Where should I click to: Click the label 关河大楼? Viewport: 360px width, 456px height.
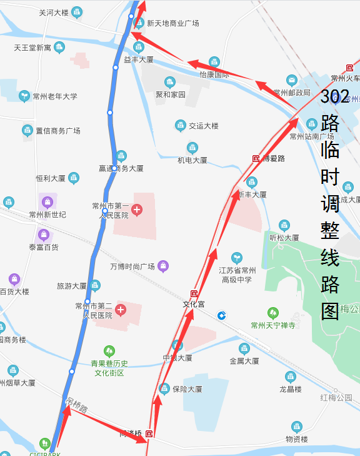54,13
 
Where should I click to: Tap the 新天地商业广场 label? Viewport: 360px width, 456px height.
172,23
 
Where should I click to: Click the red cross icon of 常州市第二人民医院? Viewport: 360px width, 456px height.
121,310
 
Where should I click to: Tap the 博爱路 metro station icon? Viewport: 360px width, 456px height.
256,158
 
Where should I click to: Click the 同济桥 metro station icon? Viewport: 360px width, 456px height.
149,433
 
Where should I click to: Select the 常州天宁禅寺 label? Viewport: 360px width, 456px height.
272,325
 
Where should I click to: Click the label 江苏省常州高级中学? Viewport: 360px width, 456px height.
236,275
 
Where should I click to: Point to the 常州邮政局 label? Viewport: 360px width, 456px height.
291,92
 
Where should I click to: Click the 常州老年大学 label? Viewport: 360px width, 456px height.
55,96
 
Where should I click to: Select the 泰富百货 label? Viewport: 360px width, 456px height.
42,247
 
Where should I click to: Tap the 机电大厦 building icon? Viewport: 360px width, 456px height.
192,148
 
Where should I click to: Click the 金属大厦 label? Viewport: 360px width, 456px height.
244,361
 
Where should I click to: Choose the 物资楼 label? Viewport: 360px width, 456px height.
296,439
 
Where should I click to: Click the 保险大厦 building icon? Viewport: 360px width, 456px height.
164,388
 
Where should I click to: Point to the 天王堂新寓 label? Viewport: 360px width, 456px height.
32,48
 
